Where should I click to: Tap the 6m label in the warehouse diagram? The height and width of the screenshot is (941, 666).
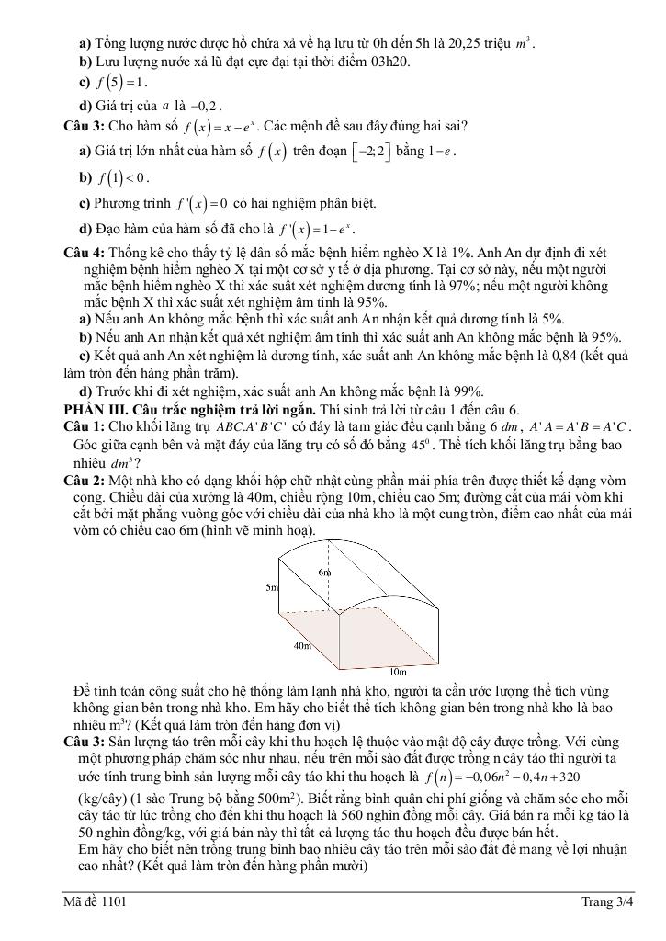(324, 573)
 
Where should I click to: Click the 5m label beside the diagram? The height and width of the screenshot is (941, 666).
(273, 586)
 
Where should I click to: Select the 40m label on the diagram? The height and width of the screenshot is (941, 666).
(302, 646)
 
